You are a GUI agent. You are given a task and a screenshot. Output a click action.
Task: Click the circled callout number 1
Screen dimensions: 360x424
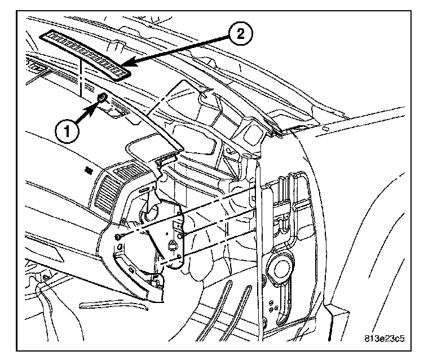pos(67,132)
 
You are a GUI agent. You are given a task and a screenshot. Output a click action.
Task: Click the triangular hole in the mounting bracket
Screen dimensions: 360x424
pos(172,244)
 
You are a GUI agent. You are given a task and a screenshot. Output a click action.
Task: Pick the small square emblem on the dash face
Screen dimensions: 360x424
pos(89,169)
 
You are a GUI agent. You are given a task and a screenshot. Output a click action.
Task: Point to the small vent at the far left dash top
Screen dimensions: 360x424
pos(40,69)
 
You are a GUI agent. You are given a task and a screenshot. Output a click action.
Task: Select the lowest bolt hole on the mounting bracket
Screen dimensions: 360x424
pos(179,257)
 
